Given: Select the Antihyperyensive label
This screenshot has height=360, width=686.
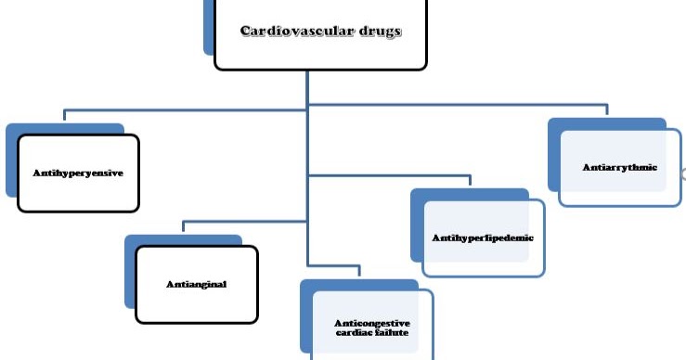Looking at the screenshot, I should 78,173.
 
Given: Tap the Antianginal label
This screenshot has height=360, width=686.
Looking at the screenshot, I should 196,284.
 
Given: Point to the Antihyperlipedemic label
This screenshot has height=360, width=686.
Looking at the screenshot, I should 483,238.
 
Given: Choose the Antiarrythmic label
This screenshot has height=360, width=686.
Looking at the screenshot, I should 620,168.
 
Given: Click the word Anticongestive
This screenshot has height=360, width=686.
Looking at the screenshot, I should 371,322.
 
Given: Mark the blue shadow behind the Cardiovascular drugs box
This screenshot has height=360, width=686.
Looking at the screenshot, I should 209,28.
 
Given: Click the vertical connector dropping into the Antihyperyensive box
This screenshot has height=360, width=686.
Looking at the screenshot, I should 64,115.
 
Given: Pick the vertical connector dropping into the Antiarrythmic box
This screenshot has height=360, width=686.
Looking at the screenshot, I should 607,110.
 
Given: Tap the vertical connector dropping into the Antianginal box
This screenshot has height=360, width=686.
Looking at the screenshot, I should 183,227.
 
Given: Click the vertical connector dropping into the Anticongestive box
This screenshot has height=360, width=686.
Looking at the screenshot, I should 359,272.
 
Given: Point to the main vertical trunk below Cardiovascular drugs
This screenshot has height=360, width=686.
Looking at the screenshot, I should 307,139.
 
